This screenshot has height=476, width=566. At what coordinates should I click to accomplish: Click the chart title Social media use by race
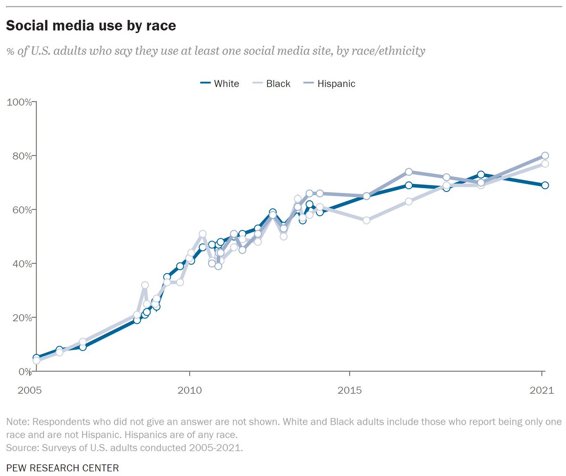[x=91, y=25]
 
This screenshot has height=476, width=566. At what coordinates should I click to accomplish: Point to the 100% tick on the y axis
[x=18, y=102]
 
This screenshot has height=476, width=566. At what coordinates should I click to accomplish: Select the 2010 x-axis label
[x=190, y=390]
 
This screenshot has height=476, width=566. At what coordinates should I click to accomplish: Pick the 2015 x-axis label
[x=350, y=390]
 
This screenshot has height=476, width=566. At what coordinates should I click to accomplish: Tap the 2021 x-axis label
[x=541, y=390]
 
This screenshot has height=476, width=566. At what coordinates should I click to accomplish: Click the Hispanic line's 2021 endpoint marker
[x=545, y=156]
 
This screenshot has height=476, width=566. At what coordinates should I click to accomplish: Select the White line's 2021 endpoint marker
[x=545, y=185]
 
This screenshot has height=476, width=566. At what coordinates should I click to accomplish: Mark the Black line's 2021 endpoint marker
[x=545, y=164]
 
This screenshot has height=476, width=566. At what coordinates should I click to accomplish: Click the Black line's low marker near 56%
[x=366, y=220]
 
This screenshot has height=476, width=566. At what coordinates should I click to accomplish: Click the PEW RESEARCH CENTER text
[x=62, y=468]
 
